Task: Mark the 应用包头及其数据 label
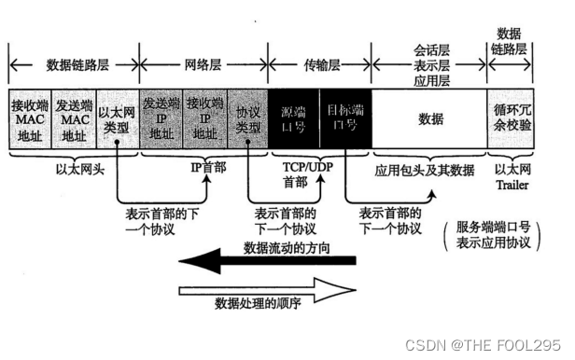[x=425, y=172]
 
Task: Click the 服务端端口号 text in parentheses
[x=494, y=227]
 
